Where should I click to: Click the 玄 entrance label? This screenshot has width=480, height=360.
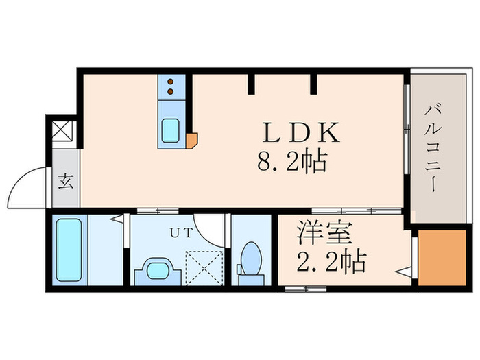pyautogui.click(x=66, y=182)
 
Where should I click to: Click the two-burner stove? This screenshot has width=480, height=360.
pyautogui.click(x=170, y=87)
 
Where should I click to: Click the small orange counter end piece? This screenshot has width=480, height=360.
pyautogui.click(x=192, y=141)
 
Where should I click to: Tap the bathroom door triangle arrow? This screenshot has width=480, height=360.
pyautogui.click(x=119, y=221)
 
